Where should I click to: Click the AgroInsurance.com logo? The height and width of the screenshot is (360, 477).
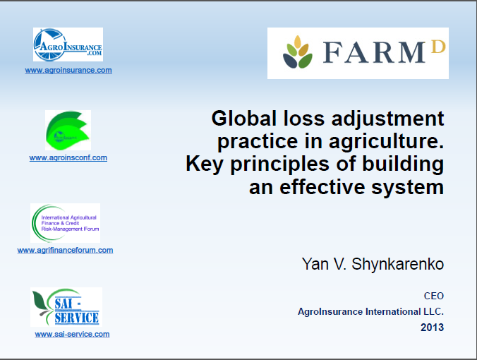pyautogui.click(x=68, y=44)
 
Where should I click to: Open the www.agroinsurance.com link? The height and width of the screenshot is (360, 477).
pyautogui.click(x=68, y=71)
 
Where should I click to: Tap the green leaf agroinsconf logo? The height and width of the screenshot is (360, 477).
pyautogui.click(x=68, y=130)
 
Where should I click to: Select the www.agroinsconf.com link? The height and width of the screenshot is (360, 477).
pyautogui.click(x=68, y=158)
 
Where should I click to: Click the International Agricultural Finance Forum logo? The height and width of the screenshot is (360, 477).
pyautogui.click(x=66, y=223)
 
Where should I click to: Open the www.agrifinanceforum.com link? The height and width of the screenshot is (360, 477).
pyautogui.click(x=65, y=250)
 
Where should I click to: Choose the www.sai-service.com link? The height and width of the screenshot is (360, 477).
pyautogui.click(x=72, y=334)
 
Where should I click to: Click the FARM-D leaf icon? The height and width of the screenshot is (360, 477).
pyautogui.click(x=298, y=54)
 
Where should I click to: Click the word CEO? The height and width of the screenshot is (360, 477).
pyautogui.click(x=434, y=296)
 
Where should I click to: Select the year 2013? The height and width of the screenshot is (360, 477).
pyautogui.click(x=433, y=328)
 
